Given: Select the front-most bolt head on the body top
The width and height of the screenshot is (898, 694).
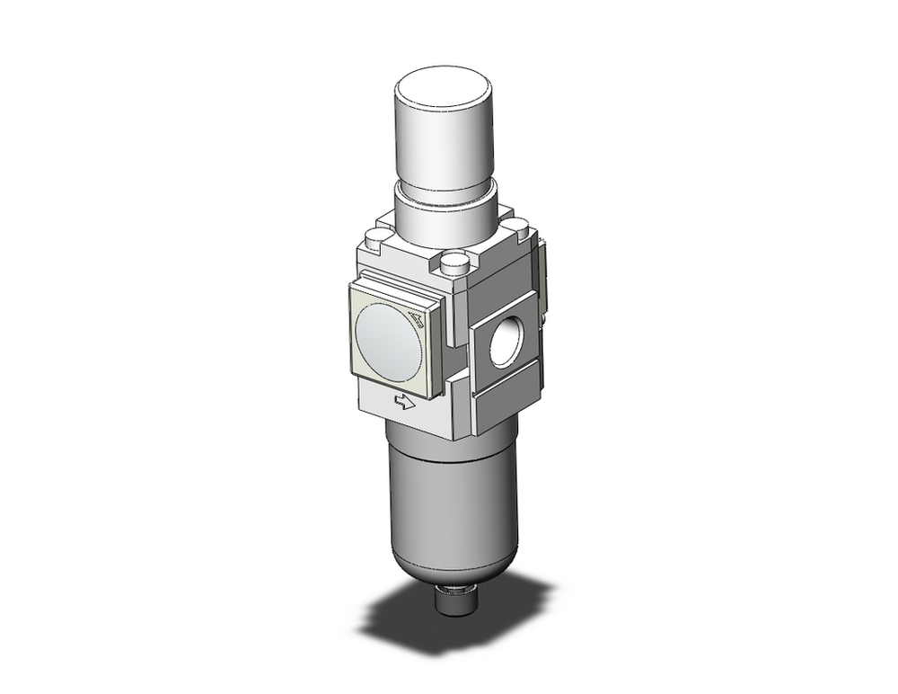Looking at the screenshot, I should [456, 263].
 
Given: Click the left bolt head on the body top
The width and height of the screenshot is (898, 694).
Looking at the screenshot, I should [376, 239].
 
